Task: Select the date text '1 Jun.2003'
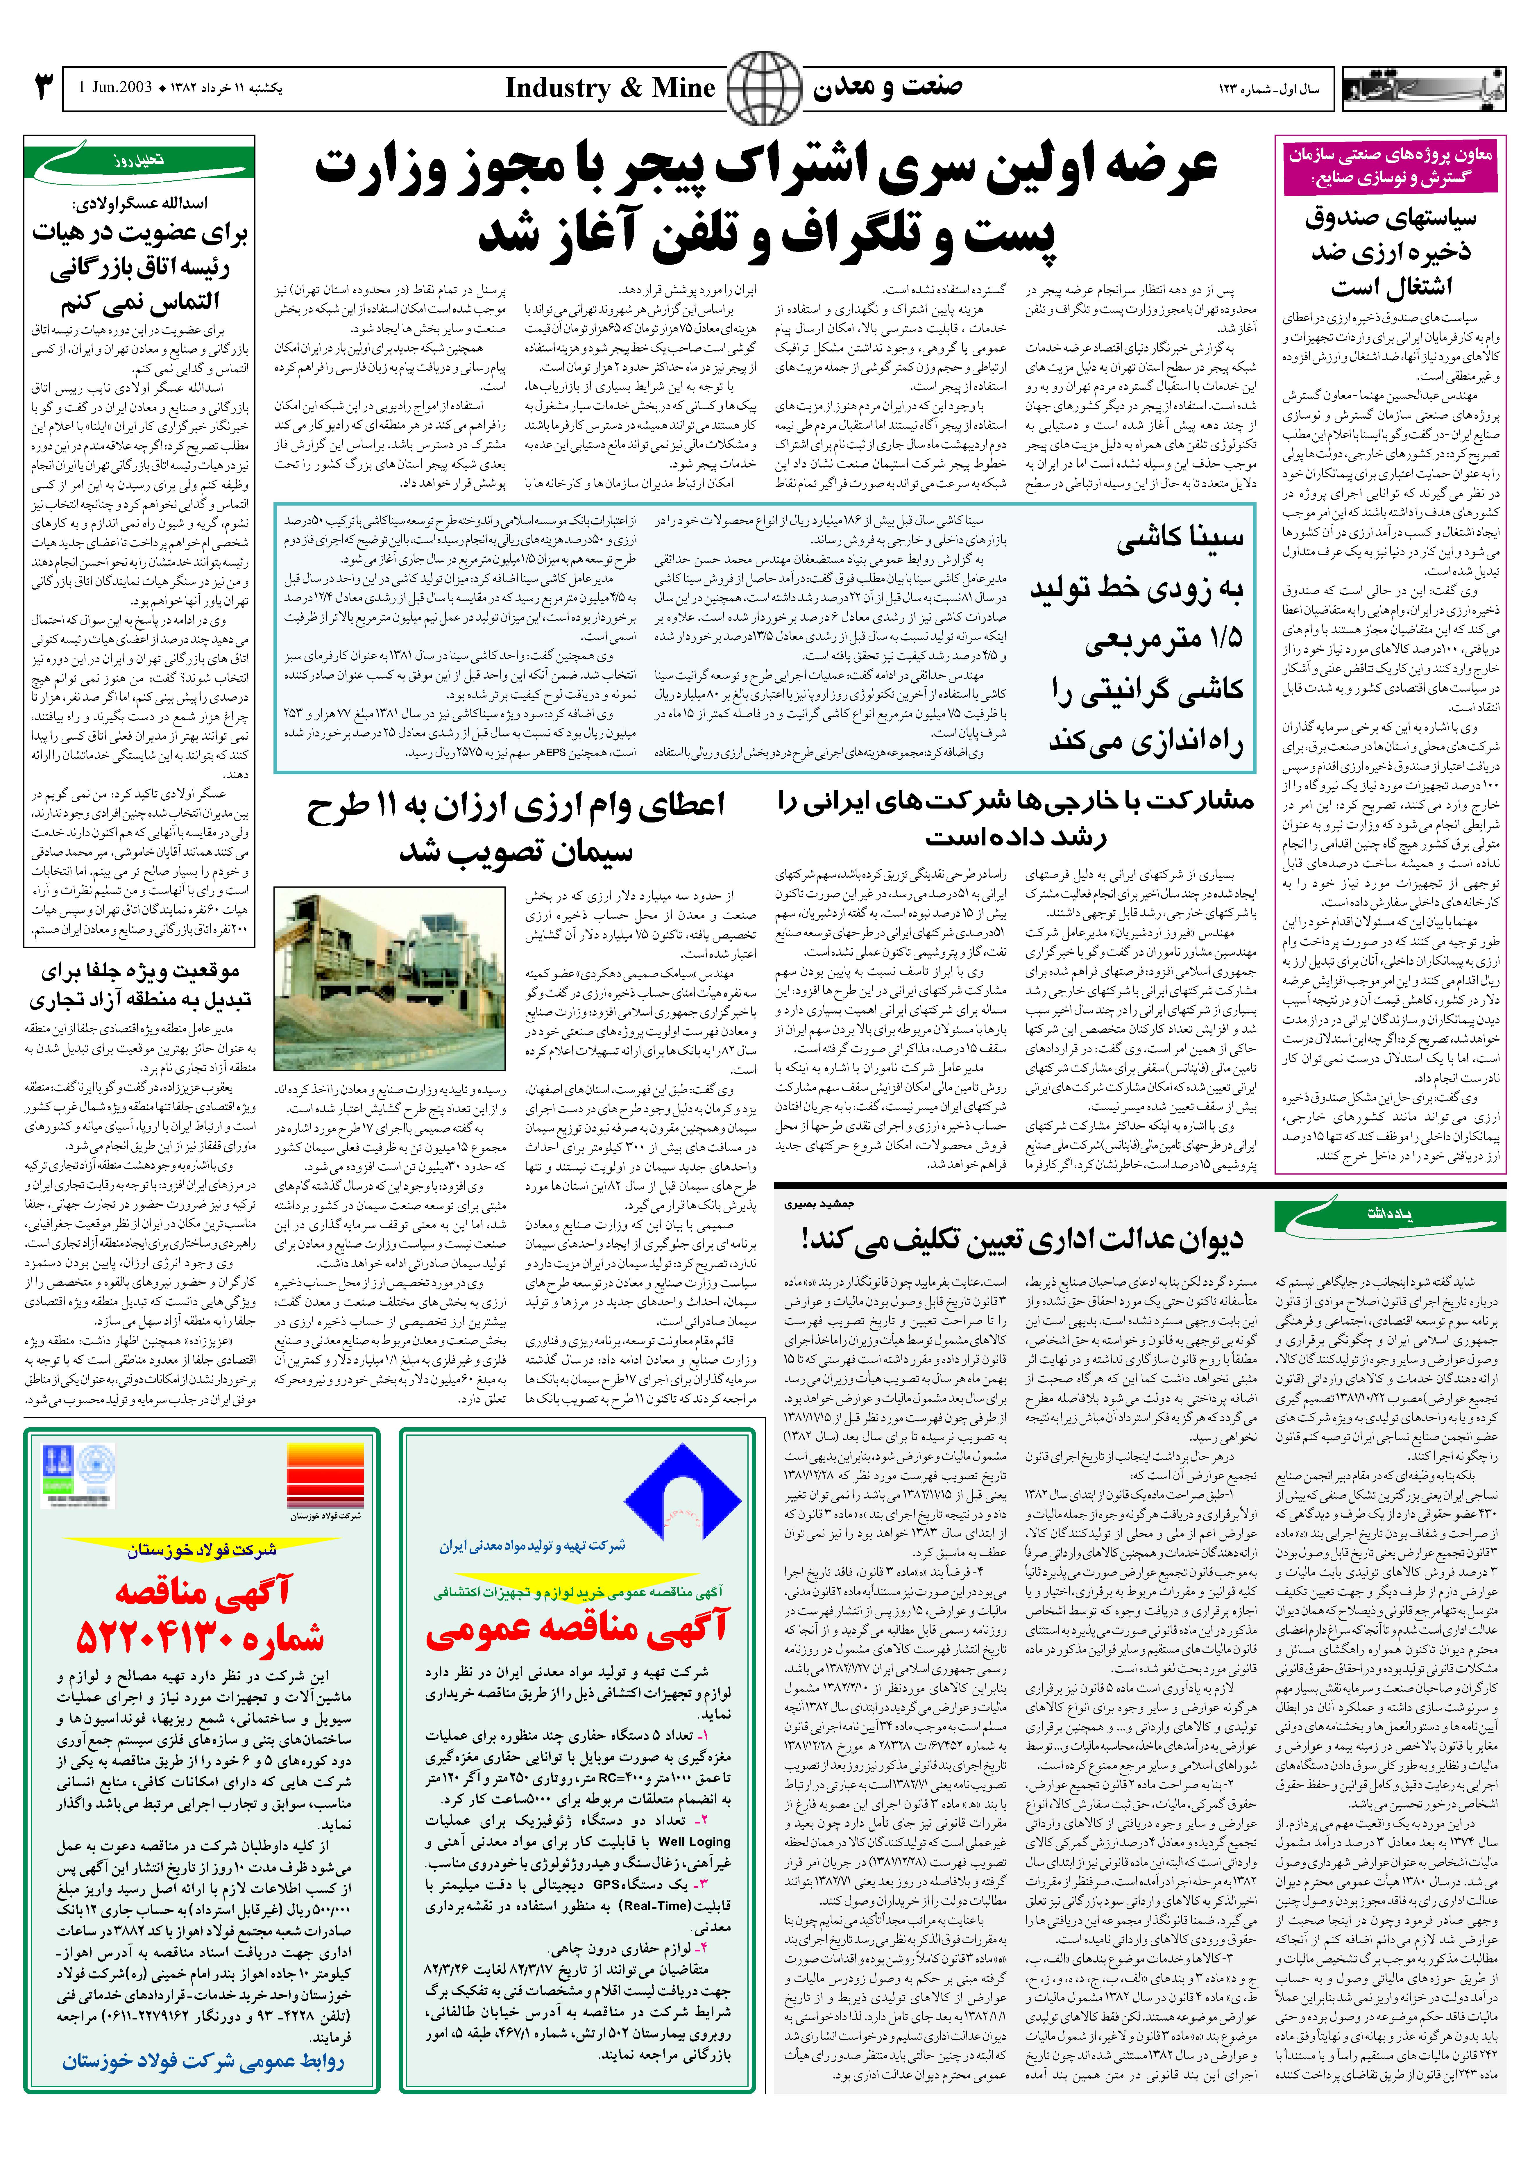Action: point(116,88)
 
